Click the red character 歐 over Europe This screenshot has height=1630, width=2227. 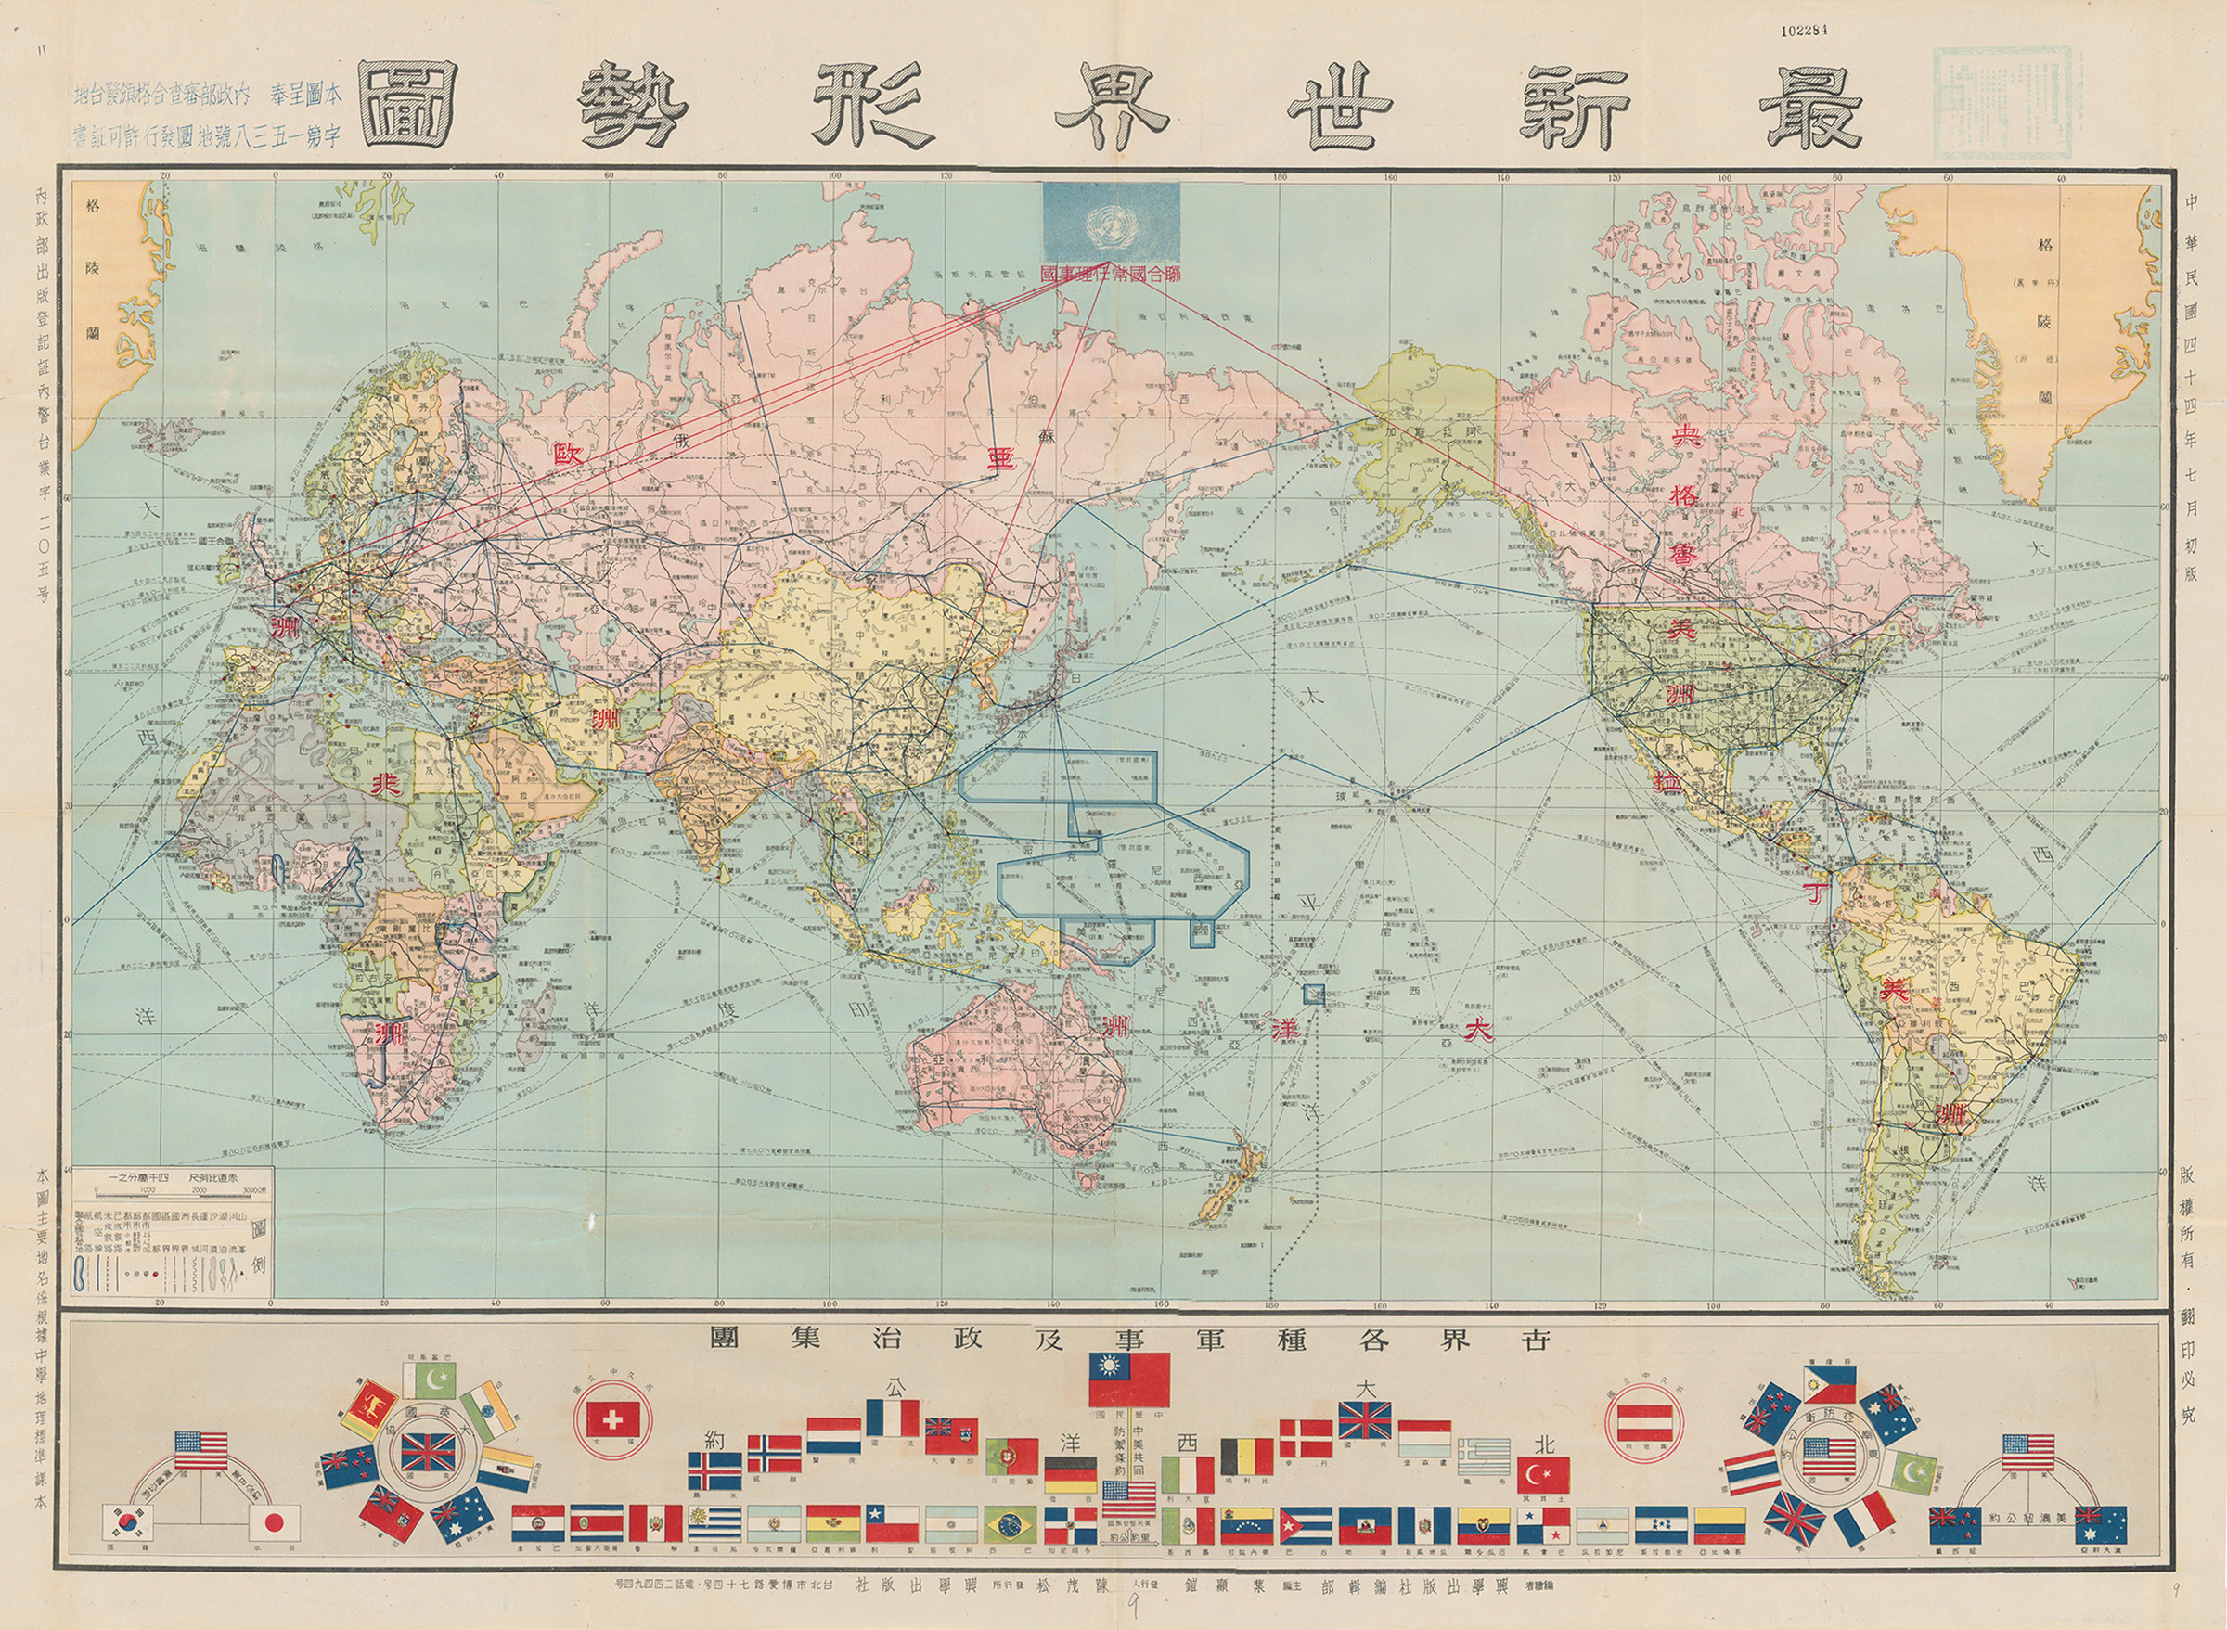point(570,456)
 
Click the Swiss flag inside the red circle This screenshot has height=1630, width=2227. point(612,1419)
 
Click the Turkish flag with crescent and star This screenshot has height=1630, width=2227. point(1543,1475)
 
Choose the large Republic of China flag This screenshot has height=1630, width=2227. point(1128,1379)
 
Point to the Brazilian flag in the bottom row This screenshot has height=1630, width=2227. point(1011,1525)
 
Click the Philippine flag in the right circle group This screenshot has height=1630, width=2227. point(1829,1383)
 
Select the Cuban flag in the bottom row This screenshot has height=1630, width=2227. point(1307,1525)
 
